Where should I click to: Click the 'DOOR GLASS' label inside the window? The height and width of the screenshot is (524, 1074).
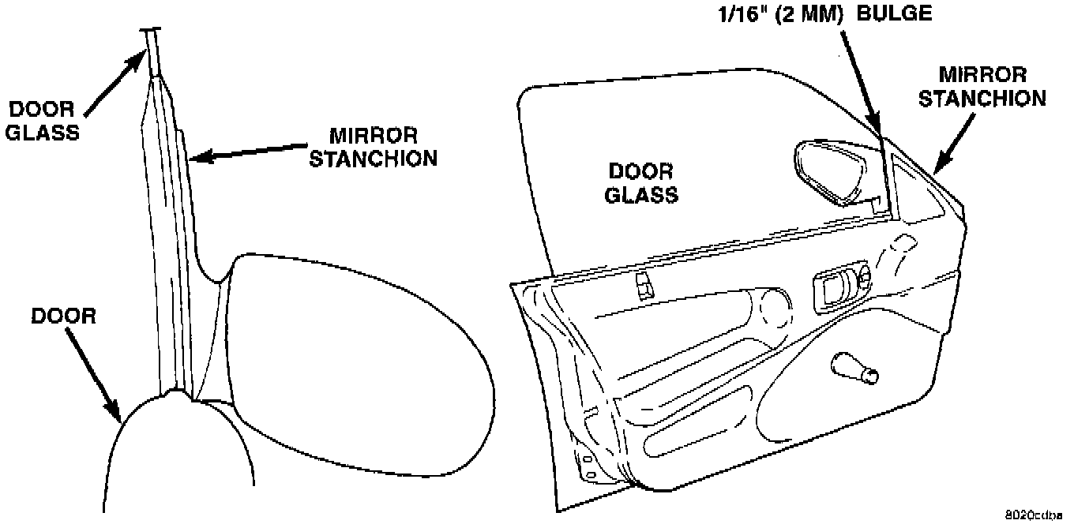(x=640, y=182)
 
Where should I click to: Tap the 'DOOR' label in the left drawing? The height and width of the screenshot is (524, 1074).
(x=63, y=316)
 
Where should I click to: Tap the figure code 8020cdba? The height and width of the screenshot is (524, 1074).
(x=1035, y=512)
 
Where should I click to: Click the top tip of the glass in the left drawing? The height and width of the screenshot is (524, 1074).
(x=152, y=31)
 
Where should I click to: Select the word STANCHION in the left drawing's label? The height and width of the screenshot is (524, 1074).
(x=372, y=158)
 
